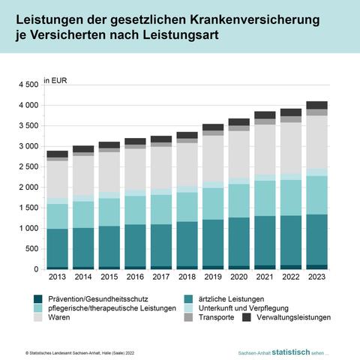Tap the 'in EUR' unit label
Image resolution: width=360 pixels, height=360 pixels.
57,79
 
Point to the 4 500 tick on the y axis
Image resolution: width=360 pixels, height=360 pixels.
28,85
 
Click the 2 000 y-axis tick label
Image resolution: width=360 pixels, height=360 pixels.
28,187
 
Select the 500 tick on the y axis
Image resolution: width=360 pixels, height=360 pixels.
31,248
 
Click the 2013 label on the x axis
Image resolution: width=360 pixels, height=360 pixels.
57,277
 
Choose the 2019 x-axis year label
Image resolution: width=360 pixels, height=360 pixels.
213,277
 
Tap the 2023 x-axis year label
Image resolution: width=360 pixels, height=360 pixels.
316,277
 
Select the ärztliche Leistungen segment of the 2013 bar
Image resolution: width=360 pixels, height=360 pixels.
57,247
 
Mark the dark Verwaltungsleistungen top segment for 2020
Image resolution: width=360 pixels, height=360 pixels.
238,121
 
